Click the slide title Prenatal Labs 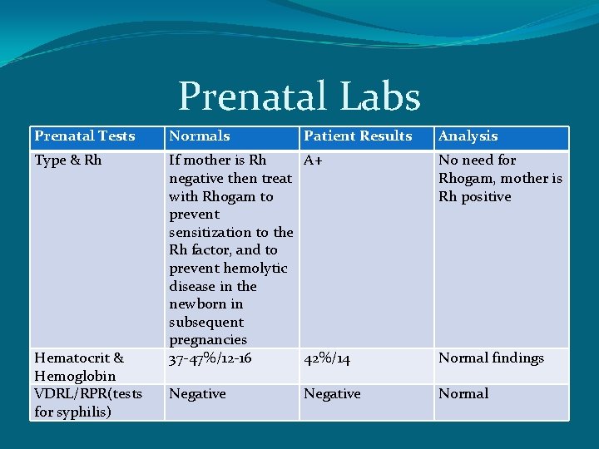(x=299, y=96)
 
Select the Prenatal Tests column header (x=84, y=136)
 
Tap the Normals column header (x=200, y=136)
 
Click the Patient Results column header (x=358, y=136)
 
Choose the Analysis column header (x=468, y=136)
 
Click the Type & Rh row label (x=67, y=160)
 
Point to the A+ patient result (x=313, y=160)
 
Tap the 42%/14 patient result (x=327, y=358)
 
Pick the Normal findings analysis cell (x=491, y=358)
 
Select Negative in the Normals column (x=197, y=394)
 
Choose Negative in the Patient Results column (x=332, y=394)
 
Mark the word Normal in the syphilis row (x=463, y=394)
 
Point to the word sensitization (x=209, y=233)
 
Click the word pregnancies (x=208, y=340)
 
